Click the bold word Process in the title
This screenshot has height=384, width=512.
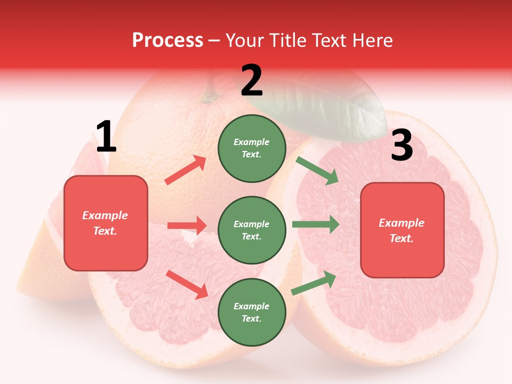point(167,41)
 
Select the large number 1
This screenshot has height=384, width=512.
point(106,137)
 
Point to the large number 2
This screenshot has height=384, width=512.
point(252,81)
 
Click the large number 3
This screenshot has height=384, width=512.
point(402,146)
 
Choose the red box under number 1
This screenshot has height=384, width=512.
point(106,223)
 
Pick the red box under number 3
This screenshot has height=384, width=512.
point(402,230)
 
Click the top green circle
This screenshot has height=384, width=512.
point(252,148)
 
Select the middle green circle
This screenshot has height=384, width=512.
point(252,230)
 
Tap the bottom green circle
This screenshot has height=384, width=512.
point(252,312)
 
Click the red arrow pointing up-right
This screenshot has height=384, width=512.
point(185,170)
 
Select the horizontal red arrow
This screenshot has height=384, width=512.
point(187,226)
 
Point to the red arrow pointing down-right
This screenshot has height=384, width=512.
point(187,284)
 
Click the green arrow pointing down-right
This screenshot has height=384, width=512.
point(317,171)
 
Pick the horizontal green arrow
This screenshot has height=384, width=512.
point(316,225)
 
